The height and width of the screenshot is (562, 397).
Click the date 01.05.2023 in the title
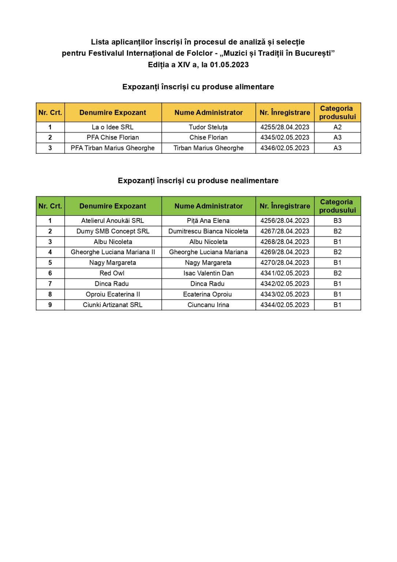tap(229, 65)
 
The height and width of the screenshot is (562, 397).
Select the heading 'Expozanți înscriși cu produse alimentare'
tap(198, 87)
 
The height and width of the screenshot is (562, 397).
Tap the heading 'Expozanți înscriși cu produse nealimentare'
tap(198, 180)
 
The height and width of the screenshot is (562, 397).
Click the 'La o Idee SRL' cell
tap(113, 127)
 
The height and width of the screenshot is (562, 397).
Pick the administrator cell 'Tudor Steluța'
tap(208, 127)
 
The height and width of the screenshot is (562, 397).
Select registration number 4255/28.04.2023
tap(285, 127)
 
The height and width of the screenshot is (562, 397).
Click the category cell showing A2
tap(337, 127)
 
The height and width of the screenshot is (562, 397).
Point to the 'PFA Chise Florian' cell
tap(113, 138)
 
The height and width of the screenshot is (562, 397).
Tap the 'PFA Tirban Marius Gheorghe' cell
tap(113, 148)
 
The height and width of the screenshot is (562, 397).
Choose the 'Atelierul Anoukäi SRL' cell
tap(113, 221)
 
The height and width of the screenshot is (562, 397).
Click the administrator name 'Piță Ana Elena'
tap(208, 221)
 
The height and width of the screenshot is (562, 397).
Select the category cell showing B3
tap(337, 221)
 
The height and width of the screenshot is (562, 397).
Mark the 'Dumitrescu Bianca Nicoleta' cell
tap(208, 231)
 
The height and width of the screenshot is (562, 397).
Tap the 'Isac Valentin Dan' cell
tap(208, 273)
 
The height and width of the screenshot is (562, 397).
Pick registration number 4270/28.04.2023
tap(285, 263)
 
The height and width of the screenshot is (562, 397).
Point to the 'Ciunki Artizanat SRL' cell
tap(113, 305)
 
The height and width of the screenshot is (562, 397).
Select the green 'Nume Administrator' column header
tap(209, 206)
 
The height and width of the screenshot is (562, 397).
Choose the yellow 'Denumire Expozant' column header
tap(113, 112)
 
